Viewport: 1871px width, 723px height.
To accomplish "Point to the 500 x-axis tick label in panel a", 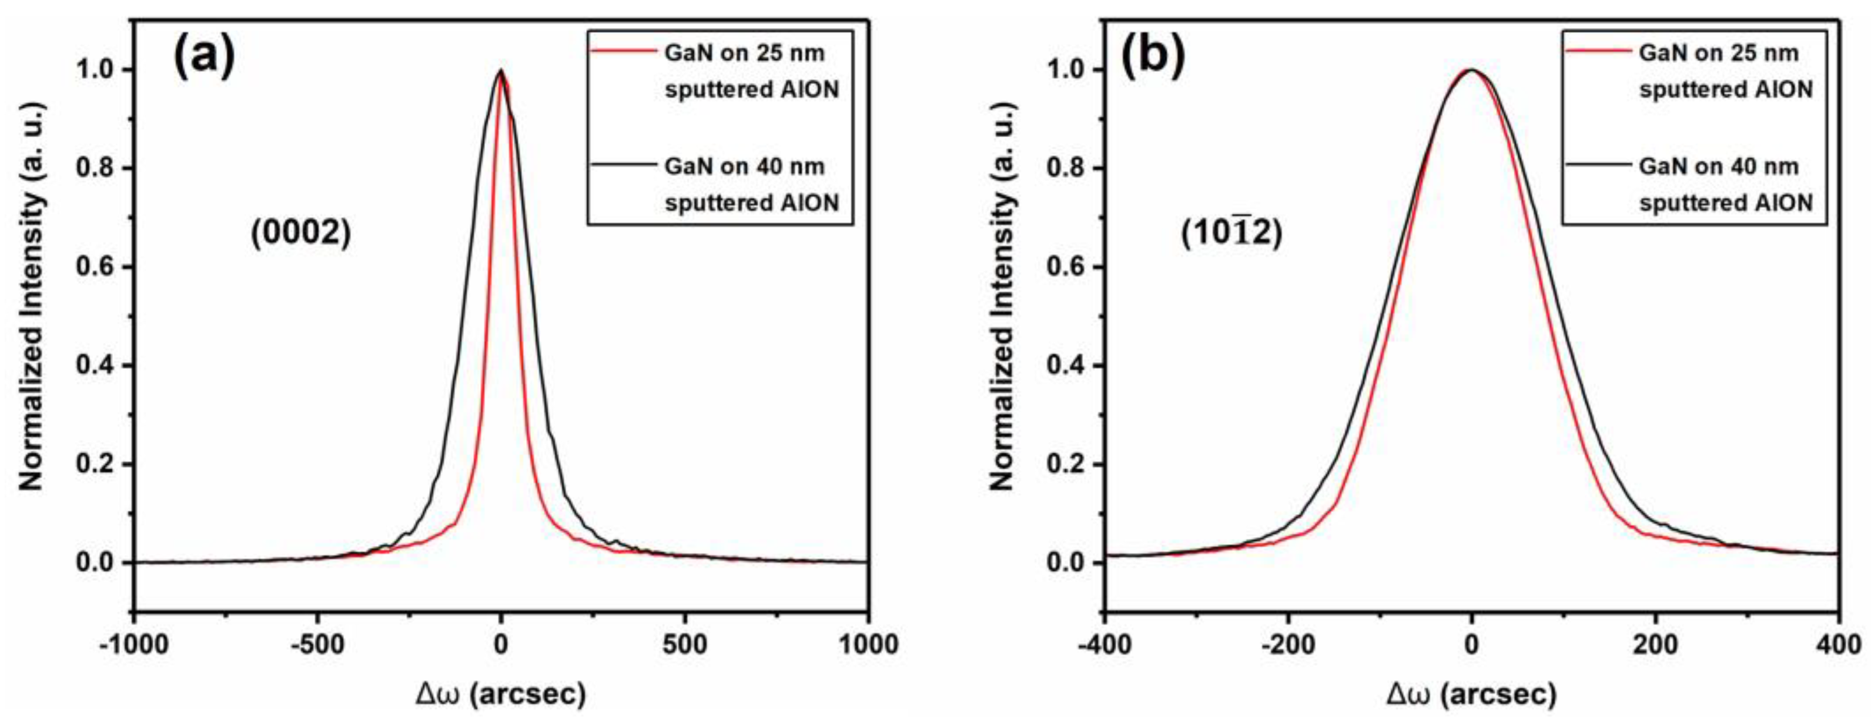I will (684, 645).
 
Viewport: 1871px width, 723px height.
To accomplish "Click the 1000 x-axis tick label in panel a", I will (868, 645).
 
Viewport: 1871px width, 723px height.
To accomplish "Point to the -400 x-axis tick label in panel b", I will (1104, 645).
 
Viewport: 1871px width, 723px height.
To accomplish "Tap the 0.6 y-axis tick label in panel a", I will (98, 266).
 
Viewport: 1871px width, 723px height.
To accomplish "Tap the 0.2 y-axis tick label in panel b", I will (1069, 464).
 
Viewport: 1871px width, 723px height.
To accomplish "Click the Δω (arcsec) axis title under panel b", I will (1471, 695).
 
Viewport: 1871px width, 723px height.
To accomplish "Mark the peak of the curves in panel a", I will (500, 71).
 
